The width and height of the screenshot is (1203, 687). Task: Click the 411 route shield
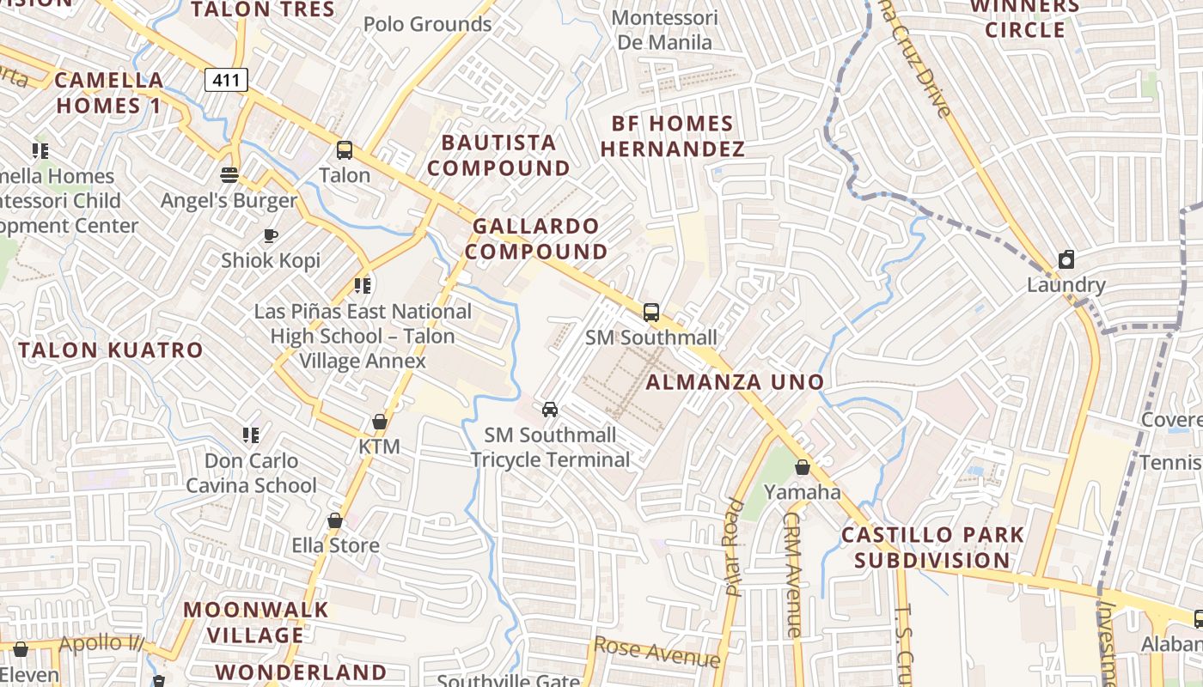coord(226,80)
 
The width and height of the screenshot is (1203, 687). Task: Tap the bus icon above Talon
coord(345,150)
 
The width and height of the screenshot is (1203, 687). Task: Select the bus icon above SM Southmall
coord(651,312)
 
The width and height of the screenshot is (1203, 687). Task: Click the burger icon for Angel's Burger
coord(229,175)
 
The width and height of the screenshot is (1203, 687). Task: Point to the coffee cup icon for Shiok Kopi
coord(271,235)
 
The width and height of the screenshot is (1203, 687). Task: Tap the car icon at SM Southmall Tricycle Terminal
coord(550,410)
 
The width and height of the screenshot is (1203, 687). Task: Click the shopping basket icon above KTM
coord(379,422)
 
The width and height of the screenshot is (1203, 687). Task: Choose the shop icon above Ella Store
coord(335,520)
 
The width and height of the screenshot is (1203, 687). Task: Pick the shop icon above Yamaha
coord(802,467)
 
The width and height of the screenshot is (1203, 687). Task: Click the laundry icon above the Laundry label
coord(1066,259)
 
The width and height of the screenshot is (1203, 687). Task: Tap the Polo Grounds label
coord(427,24)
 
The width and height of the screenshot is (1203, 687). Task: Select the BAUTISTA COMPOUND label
coord(498,155)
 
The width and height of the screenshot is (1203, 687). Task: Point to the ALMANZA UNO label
coord(735,382)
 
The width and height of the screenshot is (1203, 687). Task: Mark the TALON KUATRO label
coord(111,350)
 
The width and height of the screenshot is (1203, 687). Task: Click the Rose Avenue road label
coord(657,652)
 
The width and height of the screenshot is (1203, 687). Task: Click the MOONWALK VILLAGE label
coord(255,623)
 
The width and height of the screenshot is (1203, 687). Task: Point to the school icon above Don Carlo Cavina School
coord(251,435)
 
